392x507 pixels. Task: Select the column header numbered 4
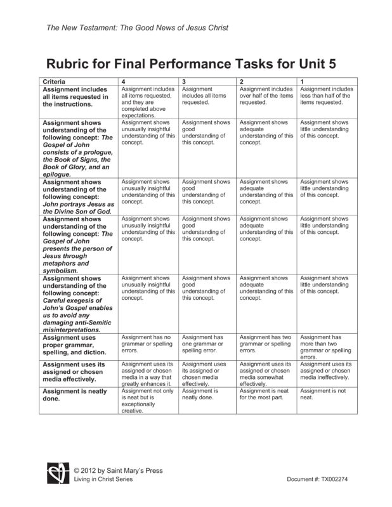[x=123, y=82]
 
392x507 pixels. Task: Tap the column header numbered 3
[x=183, y=82]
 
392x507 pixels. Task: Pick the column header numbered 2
[x=242, y=82]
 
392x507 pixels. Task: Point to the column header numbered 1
[x=302, y=82]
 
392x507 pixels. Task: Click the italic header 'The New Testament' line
[x=137, y=28]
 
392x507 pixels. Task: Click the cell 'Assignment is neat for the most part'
[x=265, y=395]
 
